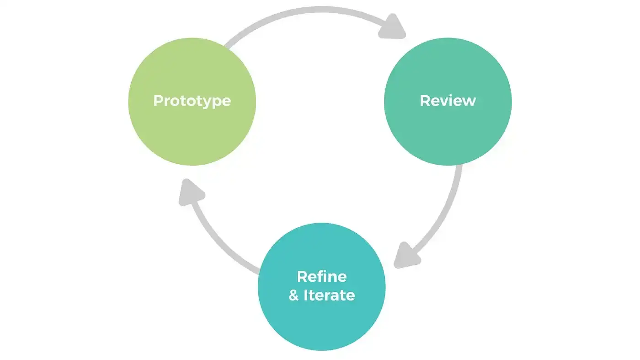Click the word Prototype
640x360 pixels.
(192, 101)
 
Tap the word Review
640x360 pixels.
(448, 101)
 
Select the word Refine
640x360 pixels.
(322, 276)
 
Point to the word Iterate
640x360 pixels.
(329, 295)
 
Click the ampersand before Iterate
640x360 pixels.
(294, 296)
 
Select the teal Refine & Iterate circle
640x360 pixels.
(322, 320)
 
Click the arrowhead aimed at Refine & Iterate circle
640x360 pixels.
(406, 256)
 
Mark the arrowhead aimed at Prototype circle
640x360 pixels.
(190, 191)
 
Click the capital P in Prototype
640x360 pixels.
(158, 101)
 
